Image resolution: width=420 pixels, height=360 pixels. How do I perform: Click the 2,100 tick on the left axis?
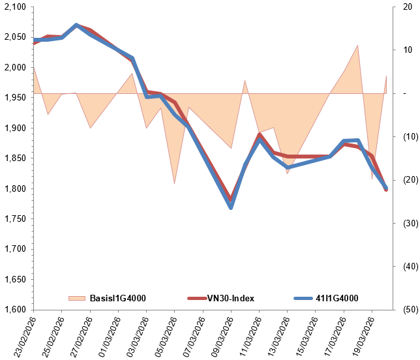(x=15, y=7)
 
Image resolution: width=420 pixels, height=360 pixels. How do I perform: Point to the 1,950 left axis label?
(x=15, y=98)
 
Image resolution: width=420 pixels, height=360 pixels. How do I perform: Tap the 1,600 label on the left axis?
(x=15, y=310)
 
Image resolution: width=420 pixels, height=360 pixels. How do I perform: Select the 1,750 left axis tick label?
(x=15, y=219)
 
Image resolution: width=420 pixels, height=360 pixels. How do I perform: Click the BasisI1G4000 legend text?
(x=117, y=299)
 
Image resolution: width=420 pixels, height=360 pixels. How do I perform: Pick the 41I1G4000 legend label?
(x=337, y=299)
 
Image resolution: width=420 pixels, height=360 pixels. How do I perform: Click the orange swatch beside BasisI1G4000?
(x=77, y=299)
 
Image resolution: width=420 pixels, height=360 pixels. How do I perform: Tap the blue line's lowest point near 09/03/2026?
(x=231, y=207)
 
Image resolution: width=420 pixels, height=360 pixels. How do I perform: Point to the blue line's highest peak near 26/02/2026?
(x=76, y=25)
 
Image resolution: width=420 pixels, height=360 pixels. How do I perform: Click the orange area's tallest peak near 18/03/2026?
(x=357, y=45)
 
